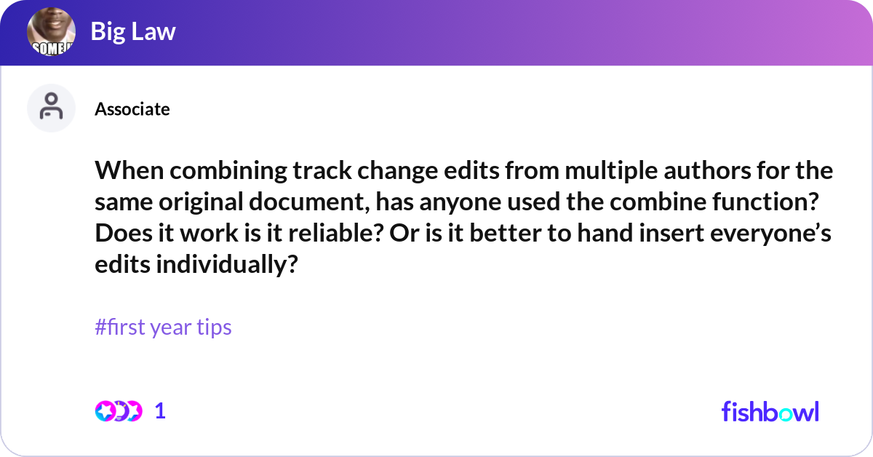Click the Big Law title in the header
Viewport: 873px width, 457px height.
[x=133, y=31]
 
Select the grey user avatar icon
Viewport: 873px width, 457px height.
[x=51, y=108]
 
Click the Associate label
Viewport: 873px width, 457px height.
[x=132, y=109]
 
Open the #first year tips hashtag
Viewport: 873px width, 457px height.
[x=163, y=327]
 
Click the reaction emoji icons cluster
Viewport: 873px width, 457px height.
[x=118, y=411]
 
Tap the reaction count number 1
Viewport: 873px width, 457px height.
[x=160, y=411]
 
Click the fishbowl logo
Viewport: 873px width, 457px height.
[x=770, y=411]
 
